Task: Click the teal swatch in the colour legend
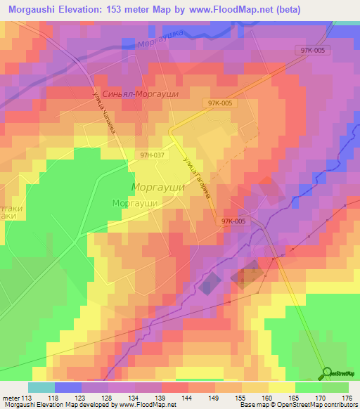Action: coord(41,387)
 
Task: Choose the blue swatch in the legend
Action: coord(67,387)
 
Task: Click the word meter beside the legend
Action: coord(12,397)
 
